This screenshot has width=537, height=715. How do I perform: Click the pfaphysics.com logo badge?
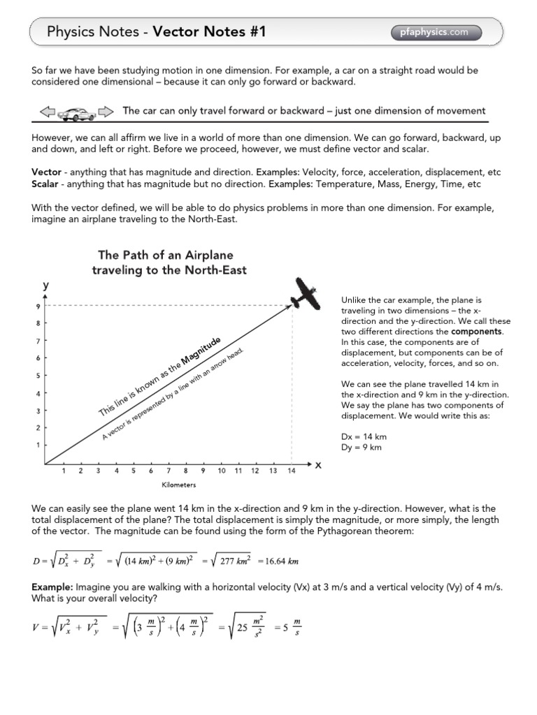[438, 31]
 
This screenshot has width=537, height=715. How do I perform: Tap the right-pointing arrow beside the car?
[105, 112]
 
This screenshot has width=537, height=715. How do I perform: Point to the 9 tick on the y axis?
[37, 306]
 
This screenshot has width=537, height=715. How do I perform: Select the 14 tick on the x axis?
[290, 471]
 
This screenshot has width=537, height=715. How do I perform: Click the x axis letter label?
[318, 465]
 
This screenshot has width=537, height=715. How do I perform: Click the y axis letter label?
[45, 285]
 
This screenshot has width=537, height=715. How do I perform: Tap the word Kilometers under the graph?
[178, 485]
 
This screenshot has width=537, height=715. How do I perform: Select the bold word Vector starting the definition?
[46, 172]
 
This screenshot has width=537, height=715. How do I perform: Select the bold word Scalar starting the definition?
[45, 184]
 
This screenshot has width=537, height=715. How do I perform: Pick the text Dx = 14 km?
[364, 436]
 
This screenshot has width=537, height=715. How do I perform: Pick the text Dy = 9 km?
[361, 448]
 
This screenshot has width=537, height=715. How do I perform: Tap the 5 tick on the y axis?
[37, 376]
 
